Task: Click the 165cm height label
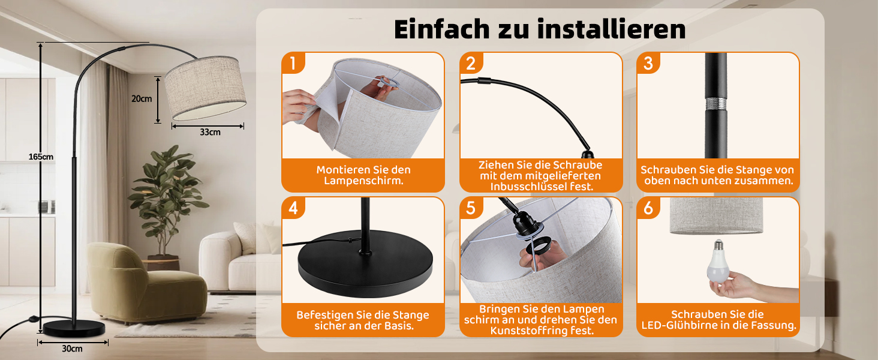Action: (41, 157)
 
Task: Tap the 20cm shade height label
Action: (142, 99)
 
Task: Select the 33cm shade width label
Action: (210, 132)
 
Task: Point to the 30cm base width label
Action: (72, 349)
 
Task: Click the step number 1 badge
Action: (293, 63)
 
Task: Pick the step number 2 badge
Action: (471, 63)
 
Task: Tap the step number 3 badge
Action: (648, 63)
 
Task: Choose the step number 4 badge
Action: (293, 208)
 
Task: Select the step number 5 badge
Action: (471, 208)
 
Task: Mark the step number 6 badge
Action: (648, 208)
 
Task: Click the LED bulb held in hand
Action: (718, 261)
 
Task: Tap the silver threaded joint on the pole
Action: (715, 104)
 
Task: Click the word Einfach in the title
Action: (442, 29)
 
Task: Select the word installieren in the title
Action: (612, 29)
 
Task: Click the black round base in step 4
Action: (365, 263)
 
